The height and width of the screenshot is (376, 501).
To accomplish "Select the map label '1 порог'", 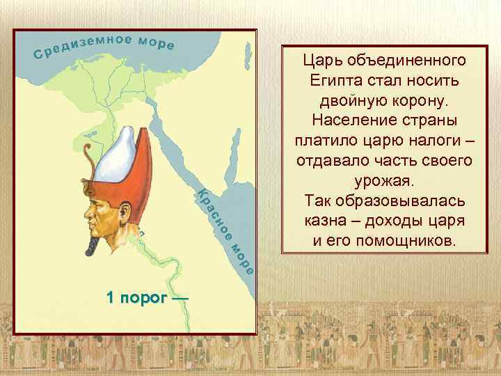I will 138,298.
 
